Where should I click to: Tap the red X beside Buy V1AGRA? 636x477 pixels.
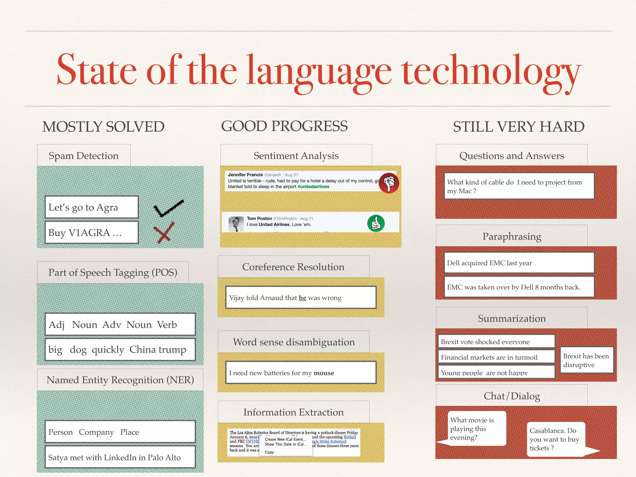click(x=163, y=233)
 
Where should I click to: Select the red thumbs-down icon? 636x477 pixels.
click(x=389, y=183)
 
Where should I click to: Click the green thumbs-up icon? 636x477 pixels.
click(x=376, y=223)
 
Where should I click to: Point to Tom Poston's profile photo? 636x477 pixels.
click(x=236, y=224)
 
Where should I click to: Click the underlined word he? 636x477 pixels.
click(x=302, y=298)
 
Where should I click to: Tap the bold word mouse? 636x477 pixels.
click(x=324, y=373)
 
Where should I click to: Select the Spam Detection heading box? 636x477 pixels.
click(x=84, y=155)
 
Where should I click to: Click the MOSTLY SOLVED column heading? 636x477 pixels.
click(x=103, y=127)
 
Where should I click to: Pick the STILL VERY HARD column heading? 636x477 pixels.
click(x=518, y=127)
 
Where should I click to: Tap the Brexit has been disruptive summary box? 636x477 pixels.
click(x=586, y=360)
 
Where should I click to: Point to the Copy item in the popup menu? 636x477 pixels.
click(x=269, y=452)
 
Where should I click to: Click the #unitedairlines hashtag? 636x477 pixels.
click(x=313, y=187)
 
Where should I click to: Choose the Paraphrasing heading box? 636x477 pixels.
click(x=511, y=236)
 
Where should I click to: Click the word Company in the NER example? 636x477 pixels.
click(x=96, y=432)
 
